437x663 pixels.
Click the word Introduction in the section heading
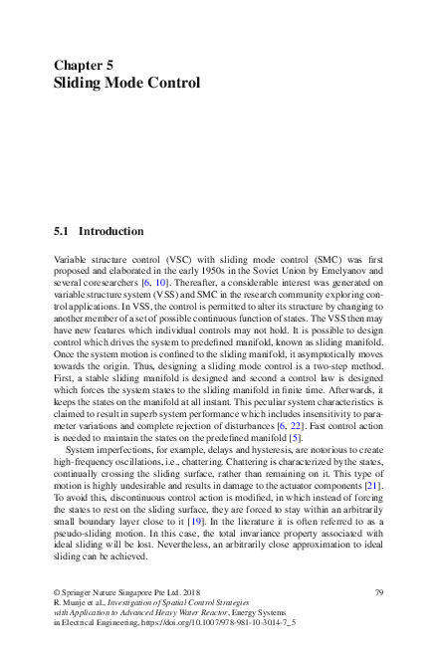pos(110,231)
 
